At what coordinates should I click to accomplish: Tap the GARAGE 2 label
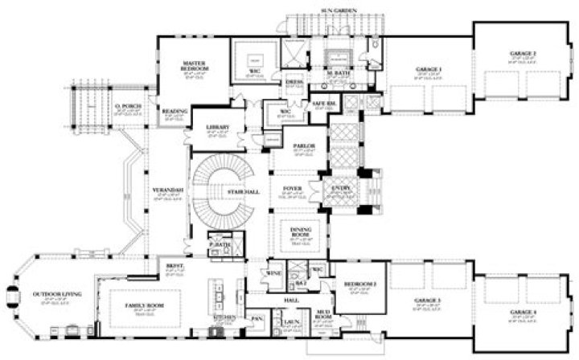[523, 54]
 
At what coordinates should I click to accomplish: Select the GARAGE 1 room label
[426, 71]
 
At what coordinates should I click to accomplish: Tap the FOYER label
[293, 190]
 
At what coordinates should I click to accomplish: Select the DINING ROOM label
[301, 232]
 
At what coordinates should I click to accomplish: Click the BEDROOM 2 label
[360, 285]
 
